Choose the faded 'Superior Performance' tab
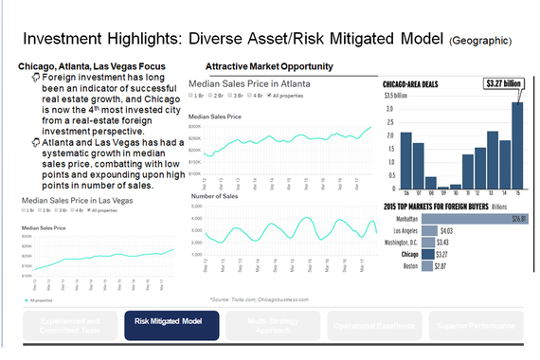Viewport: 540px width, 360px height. [473, 325]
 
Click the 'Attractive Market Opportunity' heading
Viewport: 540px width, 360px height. [268, 66]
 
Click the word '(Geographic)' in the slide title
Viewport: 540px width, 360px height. [483, 41]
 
